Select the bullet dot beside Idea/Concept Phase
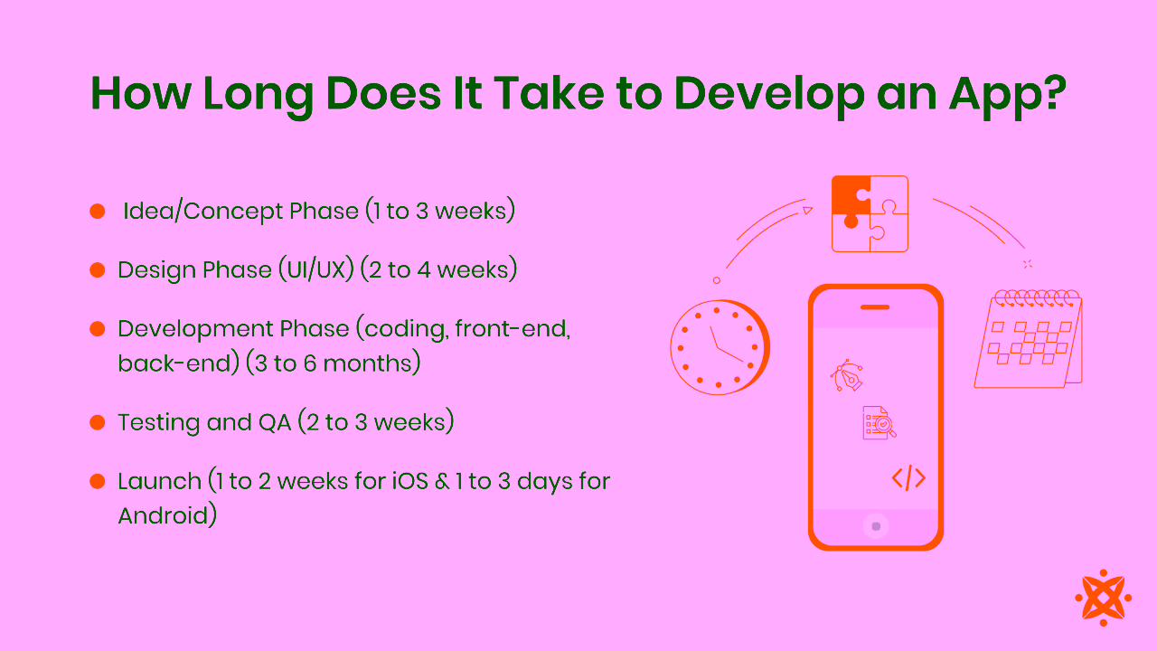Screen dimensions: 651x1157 coord(98,212)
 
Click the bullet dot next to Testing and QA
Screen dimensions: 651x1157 coord(98,422)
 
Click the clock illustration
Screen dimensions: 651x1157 coord(719,347)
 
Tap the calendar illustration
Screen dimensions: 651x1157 coord(1029,340)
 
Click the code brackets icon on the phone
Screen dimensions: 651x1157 coord(908,477)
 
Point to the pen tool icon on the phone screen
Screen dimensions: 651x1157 coord(846,376)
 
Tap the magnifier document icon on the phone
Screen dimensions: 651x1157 coord(879,422)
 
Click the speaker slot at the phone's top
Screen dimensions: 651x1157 coord(875,307)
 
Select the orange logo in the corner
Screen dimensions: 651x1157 coord(1103,598)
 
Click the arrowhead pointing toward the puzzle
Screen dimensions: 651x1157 coord(807,211)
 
